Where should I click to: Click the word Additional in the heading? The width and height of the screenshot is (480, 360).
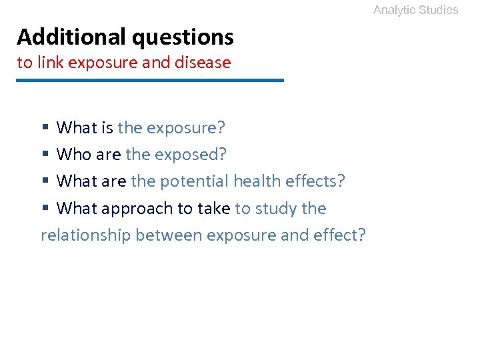[x=71, y=37]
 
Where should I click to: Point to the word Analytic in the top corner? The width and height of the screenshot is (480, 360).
[x=393, y=10]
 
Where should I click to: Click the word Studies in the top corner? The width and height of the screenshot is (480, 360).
[x=438, y=10]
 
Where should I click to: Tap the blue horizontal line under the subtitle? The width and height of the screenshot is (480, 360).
[x=150, y=81]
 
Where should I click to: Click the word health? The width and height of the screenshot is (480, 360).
[x=257, y=181]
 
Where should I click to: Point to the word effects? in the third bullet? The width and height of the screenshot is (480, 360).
[x=317, y=181]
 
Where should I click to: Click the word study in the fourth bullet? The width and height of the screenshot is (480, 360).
[x=275, y=209]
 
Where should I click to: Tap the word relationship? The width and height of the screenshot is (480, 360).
[x=85, y=235]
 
